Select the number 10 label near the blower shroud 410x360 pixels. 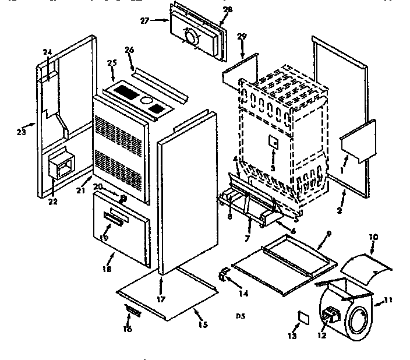[373, 238]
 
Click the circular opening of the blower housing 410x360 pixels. [357, 321]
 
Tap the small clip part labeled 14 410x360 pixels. [222, 273]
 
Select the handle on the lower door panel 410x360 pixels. [114, 218]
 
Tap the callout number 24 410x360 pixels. [48, 52]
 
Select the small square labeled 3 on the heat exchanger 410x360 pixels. [272, 142]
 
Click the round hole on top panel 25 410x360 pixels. [143, 99]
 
